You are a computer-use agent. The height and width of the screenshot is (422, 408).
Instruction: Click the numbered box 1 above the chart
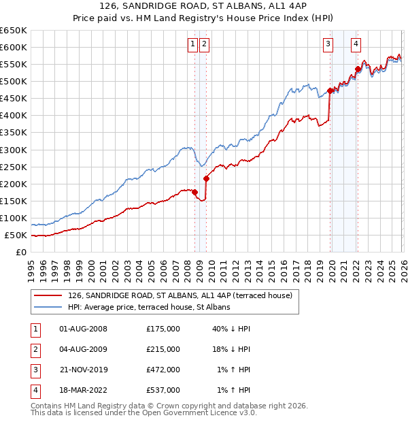pos(192,45)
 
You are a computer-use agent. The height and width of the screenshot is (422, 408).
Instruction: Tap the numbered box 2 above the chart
pos(205,45)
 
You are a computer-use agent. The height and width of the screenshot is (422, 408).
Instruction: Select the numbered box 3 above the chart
pos(328,45)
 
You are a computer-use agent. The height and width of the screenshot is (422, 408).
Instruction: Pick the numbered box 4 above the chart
pos(356,45)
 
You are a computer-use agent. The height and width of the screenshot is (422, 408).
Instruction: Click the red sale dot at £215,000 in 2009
pos(206,178)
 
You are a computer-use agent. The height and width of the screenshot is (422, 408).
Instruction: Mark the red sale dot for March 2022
pos(358,68)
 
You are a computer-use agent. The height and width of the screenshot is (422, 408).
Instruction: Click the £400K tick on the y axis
pos(14,115)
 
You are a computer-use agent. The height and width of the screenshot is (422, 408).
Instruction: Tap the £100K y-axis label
pos(14,218)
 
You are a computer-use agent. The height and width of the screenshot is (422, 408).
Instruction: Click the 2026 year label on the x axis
pos(403,266)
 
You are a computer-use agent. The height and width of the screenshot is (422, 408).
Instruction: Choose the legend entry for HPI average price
pos(149,307)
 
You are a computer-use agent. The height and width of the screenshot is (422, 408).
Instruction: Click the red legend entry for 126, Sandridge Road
pos(180,295)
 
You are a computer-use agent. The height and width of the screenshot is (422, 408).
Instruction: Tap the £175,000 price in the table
pos(163,329)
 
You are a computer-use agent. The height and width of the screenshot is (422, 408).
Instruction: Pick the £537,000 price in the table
pos(163,390)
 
